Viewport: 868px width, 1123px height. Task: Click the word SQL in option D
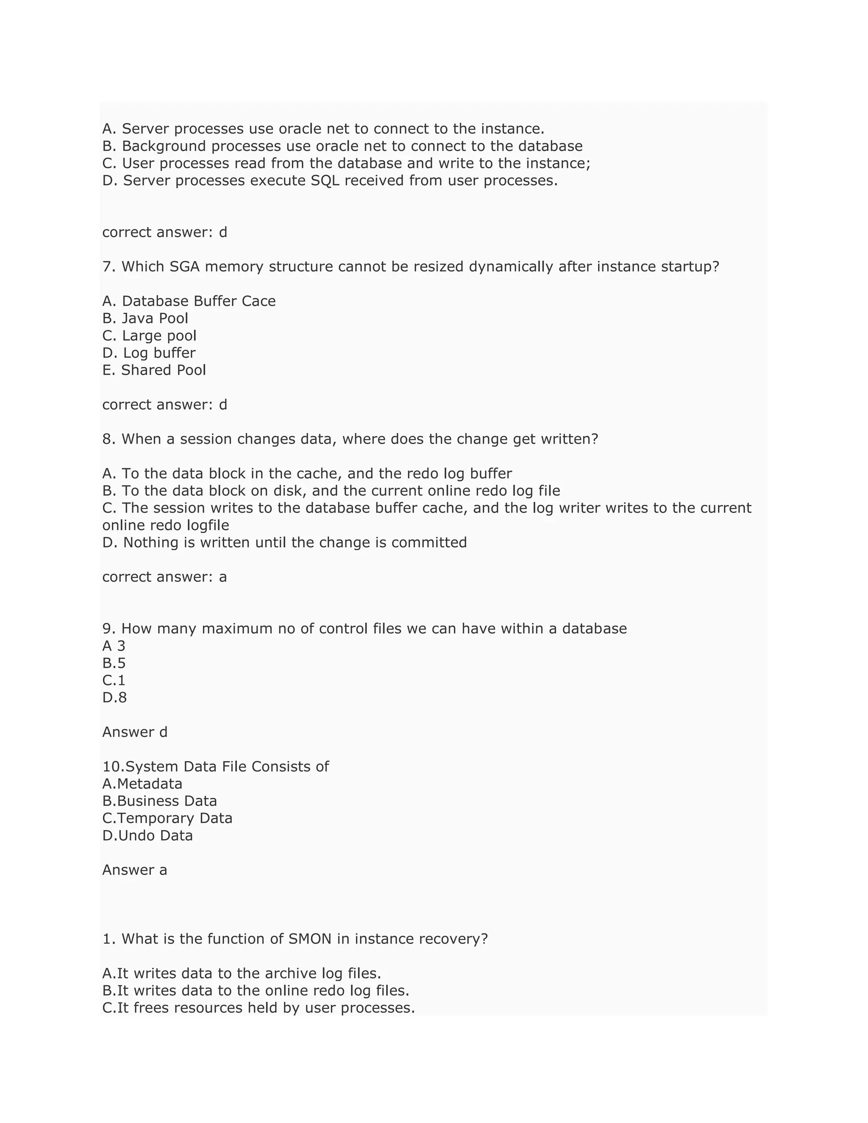pyautogui.click(x=325, y=181)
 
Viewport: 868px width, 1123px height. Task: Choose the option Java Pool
pyautogui.click(x=155, y=318)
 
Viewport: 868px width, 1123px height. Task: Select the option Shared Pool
pyautogui.click(x=163, y=370)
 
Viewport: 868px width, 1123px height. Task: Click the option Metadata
pyautogui.click(x=149, y=784)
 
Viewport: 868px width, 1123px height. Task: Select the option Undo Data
pyautogui.click(x=155, y=836)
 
